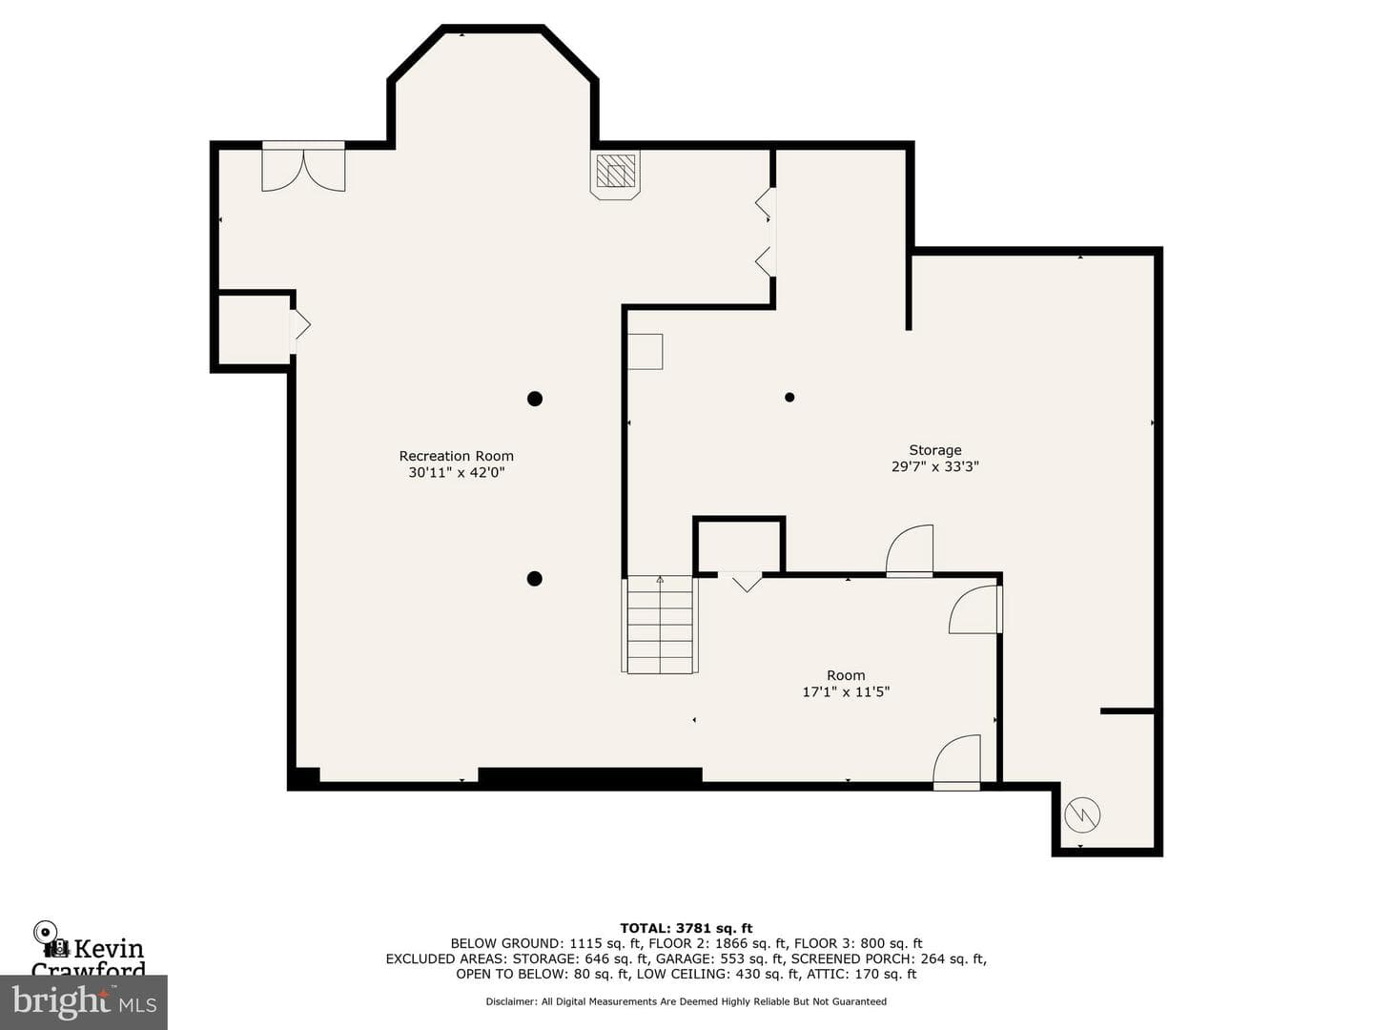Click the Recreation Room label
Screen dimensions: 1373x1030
(x=456, y=456)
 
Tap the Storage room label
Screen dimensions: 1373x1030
(x=935, y=449)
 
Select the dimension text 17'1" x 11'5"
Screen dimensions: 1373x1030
(x=846, y=691)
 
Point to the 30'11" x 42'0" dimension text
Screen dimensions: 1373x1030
(x=456, y=472)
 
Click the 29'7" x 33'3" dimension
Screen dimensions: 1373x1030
(x=935, y=466)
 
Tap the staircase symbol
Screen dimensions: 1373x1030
(x=660, y=625)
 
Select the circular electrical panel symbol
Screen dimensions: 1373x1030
(x=1082, y=814)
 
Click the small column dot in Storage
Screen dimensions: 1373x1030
(x=789, y=397)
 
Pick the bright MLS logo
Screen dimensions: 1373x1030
(x=84, y=1002)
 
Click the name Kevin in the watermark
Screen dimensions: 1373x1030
(x=110, y=949)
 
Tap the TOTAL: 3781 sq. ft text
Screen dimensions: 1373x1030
(x=686, y=928)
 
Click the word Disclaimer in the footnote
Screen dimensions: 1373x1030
(x=511, y=1001)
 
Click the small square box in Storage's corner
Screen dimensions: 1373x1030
(x=645, y=352)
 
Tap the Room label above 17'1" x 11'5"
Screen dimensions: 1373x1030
(x=846, y=675)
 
